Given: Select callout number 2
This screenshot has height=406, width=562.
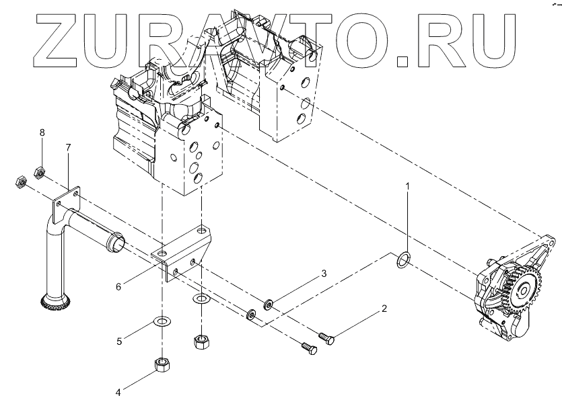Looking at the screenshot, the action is click(x=384, y=310).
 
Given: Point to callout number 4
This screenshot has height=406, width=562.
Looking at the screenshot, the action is click(x=118, y=393).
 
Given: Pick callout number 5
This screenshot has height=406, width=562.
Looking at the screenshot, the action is click(x=118, y=341).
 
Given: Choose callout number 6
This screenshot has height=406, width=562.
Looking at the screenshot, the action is click(x=118, y=286).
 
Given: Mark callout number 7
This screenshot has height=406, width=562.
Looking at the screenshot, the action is click(x=67, y=147).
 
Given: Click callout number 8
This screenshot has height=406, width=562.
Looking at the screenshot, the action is click(x=42, y=133).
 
